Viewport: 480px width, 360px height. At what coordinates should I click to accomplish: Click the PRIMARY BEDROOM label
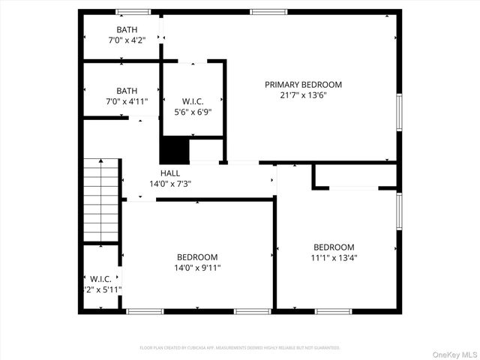303,85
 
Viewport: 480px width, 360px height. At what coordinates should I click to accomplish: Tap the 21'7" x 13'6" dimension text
303,95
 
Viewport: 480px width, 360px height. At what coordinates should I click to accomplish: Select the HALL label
170,173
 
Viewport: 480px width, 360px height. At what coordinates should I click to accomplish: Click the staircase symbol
100,200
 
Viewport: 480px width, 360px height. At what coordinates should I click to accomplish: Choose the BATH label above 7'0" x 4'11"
127,91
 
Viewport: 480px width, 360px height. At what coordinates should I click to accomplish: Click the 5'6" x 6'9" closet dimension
193,112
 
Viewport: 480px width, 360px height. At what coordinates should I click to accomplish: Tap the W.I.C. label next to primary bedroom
193,101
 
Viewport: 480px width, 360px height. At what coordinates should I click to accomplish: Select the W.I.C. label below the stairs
101,279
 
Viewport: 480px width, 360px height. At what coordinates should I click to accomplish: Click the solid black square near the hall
174,150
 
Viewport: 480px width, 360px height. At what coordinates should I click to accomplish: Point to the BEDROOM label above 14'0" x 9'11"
197,256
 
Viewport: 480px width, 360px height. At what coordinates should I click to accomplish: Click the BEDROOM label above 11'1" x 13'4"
334,247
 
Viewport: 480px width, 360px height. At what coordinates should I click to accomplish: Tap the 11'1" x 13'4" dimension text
334,258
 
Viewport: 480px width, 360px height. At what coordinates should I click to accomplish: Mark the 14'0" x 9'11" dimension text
197,267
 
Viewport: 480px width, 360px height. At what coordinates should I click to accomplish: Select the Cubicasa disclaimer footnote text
240,348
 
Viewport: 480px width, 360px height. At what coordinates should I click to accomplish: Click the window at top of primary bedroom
262,11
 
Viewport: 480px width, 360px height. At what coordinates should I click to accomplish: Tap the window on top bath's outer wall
133,11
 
